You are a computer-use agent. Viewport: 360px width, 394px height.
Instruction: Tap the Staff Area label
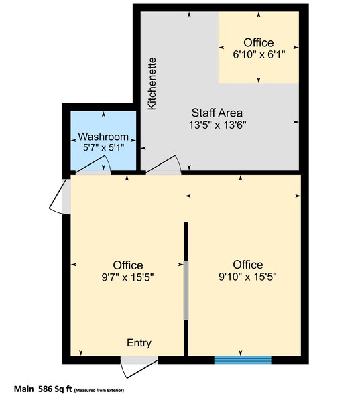(217, 113)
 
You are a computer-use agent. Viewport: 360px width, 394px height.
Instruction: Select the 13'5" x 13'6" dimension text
(217, 125)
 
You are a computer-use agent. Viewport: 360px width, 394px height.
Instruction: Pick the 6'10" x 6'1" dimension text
(259, 55)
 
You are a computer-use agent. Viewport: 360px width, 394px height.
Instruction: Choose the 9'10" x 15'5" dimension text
(248, 275)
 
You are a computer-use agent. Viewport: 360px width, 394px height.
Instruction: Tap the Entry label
(139, 343)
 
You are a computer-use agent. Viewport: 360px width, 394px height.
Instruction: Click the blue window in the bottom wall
(243, 360)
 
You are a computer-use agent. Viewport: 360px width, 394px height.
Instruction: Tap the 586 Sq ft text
(53, 388)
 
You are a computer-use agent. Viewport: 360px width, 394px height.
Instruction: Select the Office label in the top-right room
(259, 43)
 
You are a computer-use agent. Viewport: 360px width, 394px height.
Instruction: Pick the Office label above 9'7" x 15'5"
(127, 265)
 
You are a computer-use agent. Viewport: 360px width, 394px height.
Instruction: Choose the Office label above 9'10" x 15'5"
(248, 264)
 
